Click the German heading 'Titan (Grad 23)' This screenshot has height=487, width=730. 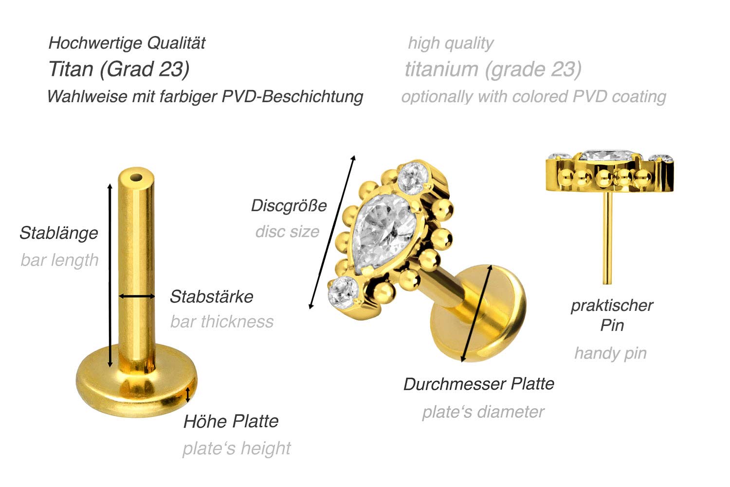click(x=119, y=70)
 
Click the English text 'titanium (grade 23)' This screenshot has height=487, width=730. click(x=493, y=70)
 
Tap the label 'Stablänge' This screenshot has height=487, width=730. click(x=59, y=233)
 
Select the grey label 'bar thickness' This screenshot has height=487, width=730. click(x=222, y=322)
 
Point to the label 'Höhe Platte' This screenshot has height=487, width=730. click(x=231, y=421)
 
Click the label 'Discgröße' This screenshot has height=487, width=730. click(x=289, y=206)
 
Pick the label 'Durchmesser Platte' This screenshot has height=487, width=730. click(x=479, y=384)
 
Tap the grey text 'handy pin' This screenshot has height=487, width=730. click(x=610, y=353)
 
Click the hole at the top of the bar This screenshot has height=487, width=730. click(x=136, y=178)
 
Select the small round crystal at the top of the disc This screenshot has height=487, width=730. click(x=413, y=178)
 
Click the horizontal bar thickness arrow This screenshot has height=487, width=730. click(x=137, y=296)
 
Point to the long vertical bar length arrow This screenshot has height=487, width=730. click(x=110, y=275)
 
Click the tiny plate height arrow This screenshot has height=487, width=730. click(x=187, y=395)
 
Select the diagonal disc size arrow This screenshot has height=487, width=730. click(x=332, y=232)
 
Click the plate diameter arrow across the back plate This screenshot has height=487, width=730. click(x=476, y=313)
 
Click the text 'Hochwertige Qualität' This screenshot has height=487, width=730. click(x=127, y=43)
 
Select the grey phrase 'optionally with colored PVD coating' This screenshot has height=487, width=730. click(x=533, y=97)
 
